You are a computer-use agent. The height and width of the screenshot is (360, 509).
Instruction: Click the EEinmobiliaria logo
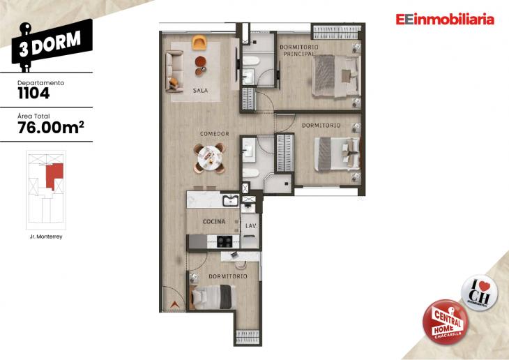tap(444, 20)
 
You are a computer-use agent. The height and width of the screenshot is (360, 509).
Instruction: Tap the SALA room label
tap(200, 90)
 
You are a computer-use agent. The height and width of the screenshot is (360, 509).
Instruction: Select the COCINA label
tap(213, 221)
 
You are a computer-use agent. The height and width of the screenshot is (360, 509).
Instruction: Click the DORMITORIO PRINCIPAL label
tap(299, 50)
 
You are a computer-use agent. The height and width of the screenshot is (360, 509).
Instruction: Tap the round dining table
tap(208, 158)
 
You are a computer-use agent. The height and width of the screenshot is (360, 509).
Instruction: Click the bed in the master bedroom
tap(336, 75)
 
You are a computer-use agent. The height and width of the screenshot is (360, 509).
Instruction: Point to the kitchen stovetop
tap(225, 241)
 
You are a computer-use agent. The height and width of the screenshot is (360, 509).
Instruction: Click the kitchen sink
tap(229, 202)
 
